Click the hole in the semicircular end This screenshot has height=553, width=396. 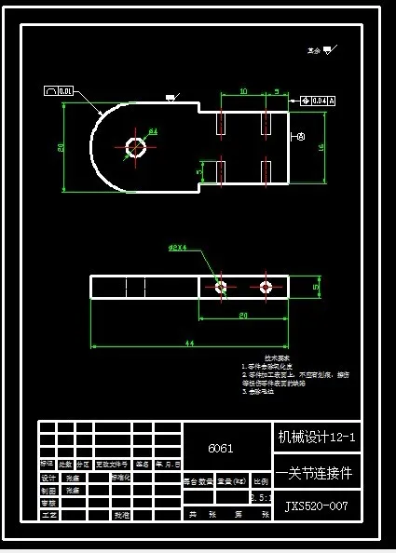pyautogui.click(x=136, y=146)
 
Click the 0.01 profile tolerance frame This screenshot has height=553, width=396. pyautogui.click(x=59, y=91)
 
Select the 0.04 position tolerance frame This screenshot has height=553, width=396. pyautogui.click(x=318, y=100)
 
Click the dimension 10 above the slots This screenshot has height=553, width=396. pyautogui.click(x=242, y=91)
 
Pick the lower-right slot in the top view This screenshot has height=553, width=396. pyautogui.click(x=266, y=171)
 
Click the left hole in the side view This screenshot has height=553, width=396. pyautogui.click(x=222, y=288)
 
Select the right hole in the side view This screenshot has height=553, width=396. pyautogui.click(x=266, y=288)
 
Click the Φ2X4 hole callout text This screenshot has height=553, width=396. pyautogui.click(x=178, y=249)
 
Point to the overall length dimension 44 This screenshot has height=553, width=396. pyautogui.click(x=189, y=344)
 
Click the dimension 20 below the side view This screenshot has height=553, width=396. pyautogui.click(x=242, y=317)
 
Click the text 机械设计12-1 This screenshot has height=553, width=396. pyautogui.click(x=317, y=436)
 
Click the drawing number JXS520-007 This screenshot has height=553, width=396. pyautogui.click(x=317, y=506)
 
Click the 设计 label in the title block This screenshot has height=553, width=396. pyautogui.click(x=48, y=478)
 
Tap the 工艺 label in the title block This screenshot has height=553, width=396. pyautogui.click(x=48, y=513)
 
